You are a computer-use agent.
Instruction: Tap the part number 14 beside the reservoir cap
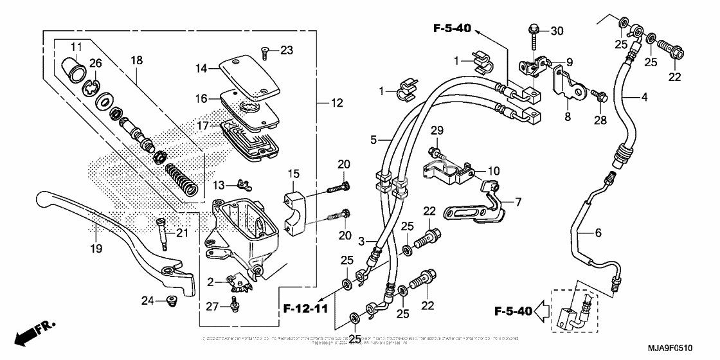point(202,67)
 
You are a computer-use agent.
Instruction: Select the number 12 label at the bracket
point(336,103)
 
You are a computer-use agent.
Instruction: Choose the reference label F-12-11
point(306,310)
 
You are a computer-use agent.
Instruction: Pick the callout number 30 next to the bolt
point(557,30)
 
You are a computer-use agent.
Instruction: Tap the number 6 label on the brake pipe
point(598,233)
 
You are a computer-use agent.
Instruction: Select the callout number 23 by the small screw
point(286,50)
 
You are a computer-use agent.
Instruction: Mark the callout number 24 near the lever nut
point(147,300)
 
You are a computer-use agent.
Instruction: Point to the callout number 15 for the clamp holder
point(293,174)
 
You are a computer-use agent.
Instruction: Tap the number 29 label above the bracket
point(437,131)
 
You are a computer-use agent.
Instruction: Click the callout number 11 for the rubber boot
point(76,46)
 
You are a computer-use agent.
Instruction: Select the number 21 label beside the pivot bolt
point(183,233)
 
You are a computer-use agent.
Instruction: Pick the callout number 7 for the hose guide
point(518,202)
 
